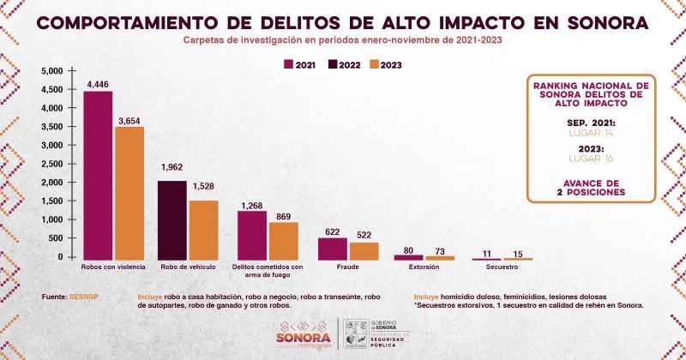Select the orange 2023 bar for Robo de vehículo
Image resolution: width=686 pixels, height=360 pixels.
pos(204,229)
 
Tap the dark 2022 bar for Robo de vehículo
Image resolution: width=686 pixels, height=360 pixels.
pos(174,219)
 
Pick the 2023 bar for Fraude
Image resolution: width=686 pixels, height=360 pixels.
pos(364,249)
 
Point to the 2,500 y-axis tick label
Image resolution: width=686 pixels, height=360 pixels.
pos(51,164)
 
